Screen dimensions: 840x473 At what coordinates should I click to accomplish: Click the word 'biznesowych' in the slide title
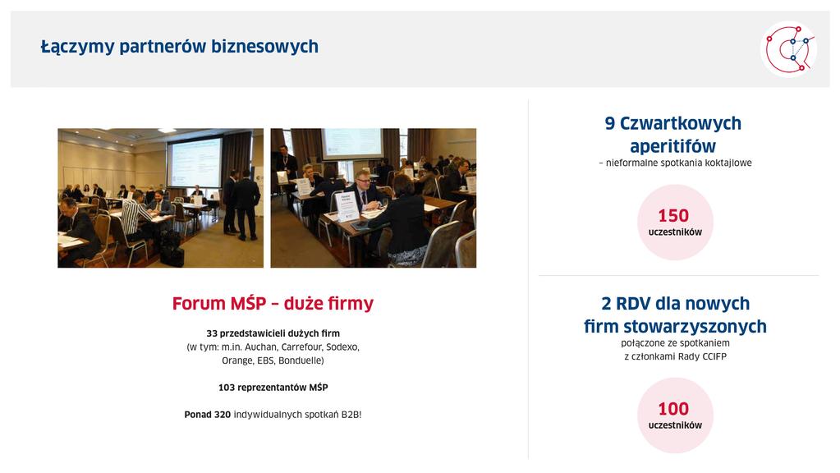pyautogui.click(x=264, y=47)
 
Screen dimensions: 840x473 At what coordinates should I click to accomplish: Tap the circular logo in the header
pyautogui.click(x=788, y=49)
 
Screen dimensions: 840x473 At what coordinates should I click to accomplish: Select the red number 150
pyautogui.click(x=673, y=215)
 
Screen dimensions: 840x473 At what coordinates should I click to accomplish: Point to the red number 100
pyautogui.click(x=673, y=409)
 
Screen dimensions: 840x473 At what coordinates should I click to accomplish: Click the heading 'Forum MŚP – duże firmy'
pyautogui.click(x=273, y=303)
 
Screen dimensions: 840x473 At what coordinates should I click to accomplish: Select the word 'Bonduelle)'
pyautogui.click(x=301, y=360)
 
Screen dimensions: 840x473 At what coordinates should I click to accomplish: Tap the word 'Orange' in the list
pyautogui.click(x=237, y=361)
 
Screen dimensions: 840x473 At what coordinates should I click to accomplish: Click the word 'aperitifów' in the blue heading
pyautogui.click(x=672, y=146)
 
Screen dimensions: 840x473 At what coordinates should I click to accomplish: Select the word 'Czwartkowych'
pyautogui.click(x=681, y=124)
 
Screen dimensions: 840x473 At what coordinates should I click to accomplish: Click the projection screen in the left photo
pyautogui.click(x=195, y=163)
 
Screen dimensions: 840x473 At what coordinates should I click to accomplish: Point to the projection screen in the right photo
pyautogui.click(x=352, y=144)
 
